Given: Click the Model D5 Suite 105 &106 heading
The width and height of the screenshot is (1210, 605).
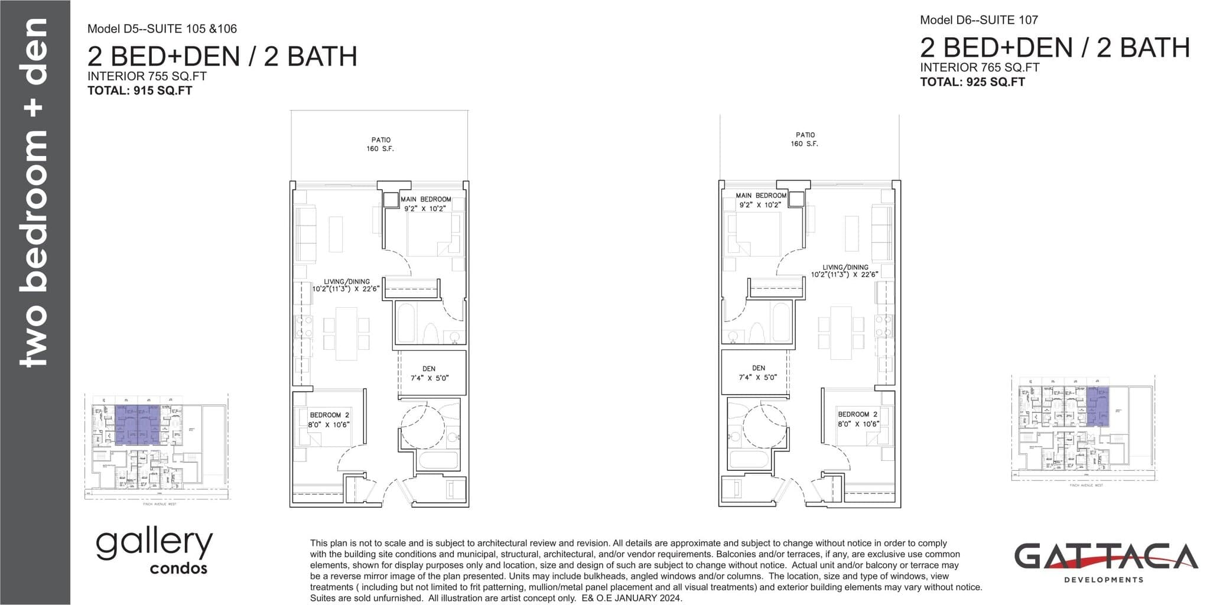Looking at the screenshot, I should click(x=162, y=28).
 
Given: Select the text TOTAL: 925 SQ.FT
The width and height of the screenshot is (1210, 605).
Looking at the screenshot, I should click(x=972, y=82).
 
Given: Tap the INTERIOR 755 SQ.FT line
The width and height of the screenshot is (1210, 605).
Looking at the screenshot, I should click(x=147, y=76).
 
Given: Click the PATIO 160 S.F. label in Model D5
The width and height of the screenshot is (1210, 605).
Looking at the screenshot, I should click(x=380, y=144).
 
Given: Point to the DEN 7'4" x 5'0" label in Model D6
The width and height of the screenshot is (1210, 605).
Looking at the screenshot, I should click(x=758, y=372).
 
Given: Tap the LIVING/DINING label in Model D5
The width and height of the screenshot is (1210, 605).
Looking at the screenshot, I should click(x=347, y=282).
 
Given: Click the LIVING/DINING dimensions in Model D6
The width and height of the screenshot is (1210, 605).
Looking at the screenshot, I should click(x=844, y=275).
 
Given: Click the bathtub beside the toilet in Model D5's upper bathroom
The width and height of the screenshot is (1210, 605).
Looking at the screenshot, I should click(x=406, y=323).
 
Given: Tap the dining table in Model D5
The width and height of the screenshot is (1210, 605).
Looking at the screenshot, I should click(x=346, y=334).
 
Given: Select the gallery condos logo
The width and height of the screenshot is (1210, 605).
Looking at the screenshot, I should click(x=154, y=551).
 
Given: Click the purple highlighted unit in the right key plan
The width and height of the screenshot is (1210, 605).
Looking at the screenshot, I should click(x=1097, y=406).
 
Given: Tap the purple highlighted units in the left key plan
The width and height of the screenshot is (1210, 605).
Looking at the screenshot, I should click(x=138, y=424).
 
